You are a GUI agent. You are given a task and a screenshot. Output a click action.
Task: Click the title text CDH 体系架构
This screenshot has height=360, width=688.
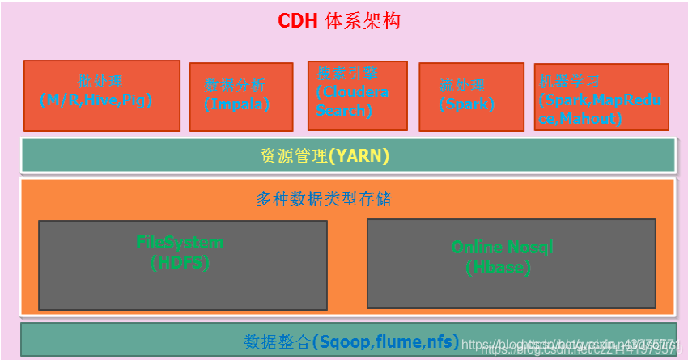click(339, 21)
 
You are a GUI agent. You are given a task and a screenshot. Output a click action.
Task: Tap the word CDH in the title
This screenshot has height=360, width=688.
click(299, 21)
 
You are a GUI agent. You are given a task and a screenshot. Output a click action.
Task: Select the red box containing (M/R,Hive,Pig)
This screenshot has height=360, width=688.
click(101, 95)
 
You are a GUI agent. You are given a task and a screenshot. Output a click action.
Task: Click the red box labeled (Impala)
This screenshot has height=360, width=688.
click(240, 96)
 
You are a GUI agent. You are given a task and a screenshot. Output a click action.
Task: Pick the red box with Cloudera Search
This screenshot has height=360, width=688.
click(357, 95)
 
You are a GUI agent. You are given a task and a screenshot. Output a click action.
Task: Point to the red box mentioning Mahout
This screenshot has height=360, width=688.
click(601, 96)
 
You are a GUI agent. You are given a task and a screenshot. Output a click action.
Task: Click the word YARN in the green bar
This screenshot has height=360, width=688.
click(359, 156)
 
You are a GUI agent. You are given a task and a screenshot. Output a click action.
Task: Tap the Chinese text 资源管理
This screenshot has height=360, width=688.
click(293, 156)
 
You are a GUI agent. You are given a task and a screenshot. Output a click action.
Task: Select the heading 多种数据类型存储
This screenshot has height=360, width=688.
click(324, 199)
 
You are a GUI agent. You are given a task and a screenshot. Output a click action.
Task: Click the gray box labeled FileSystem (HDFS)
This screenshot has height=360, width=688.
click(183, 265)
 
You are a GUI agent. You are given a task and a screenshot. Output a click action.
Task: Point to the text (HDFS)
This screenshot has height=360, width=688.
click(180, 262)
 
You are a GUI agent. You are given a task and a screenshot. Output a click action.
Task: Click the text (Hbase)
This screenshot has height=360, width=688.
click(499, 267)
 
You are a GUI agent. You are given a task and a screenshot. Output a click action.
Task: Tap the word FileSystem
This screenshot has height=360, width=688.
click(180, 242)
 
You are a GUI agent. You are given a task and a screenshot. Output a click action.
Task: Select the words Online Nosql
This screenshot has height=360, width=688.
click(502, 248)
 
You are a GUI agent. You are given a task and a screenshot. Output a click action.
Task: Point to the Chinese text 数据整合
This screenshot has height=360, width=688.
click(277, 341)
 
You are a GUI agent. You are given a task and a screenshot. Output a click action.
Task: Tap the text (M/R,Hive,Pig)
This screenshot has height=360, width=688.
click(96, 100)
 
